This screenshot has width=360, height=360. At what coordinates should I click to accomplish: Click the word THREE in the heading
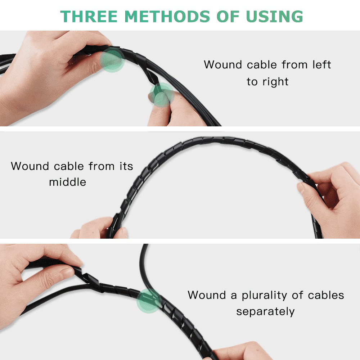(89, 17)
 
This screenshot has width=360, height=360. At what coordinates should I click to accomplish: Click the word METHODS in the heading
(167, 17)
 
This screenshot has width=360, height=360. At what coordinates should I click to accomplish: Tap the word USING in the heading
(274, 17)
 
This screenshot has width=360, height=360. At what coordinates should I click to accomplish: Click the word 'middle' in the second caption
(68, 182)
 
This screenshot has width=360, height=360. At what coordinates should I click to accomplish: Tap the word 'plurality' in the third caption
(264, 296)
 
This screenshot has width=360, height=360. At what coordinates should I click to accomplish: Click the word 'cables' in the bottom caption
(326, 295)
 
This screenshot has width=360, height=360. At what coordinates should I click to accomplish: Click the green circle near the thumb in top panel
(112, 60)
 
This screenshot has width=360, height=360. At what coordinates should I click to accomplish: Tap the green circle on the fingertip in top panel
(162, 95)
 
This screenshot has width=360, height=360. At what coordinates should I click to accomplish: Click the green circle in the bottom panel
(149, 301)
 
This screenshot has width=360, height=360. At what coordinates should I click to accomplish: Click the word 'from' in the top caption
(294, 64)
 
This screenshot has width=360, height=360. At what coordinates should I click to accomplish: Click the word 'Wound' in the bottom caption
(207, 295)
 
